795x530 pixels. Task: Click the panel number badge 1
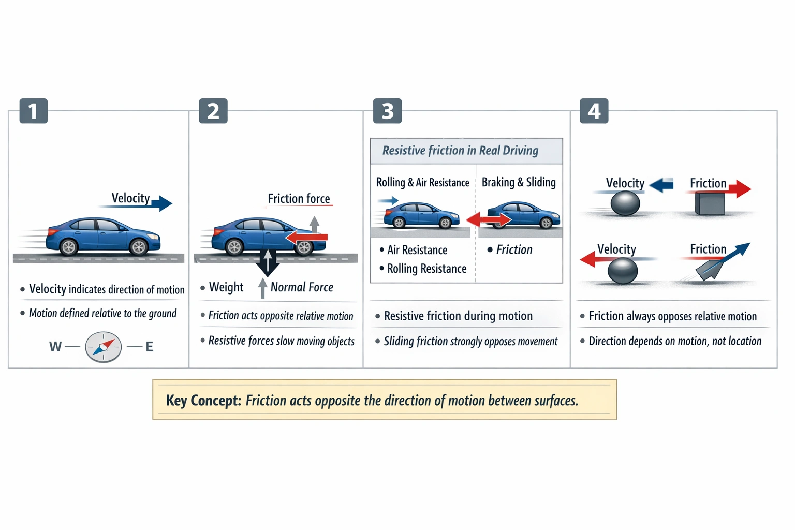[x=34, y=111]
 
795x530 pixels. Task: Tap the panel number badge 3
[x=387, y=111]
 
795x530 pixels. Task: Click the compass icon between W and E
[x=104, y=347]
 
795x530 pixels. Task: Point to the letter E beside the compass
[x=150, y=347]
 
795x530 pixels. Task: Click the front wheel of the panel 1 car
[x=139, y=247]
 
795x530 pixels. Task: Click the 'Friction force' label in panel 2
[x=299, y=199]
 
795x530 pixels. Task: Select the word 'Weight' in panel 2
[x=226, y=287]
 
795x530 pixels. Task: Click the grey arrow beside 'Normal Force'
[x=263, y=288]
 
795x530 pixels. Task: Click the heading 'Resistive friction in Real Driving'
[x=460, y=151]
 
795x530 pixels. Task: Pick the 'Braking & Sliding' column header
[x=519, y=182]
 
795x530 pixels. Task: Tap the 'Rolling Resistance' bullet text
[x=426, y=269]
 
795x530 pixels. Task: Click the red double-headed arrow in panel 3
[x=489, y=220]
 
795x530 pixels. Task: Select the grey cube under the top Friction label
[x=710, y=203]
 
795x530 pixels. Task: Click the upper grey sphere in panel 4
[x=625, y=203]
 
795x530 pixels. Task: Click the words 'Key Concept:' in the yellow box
[x=203, y=401]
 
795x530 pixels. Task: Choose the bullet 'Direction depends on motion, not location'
[x=675, y=341]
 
